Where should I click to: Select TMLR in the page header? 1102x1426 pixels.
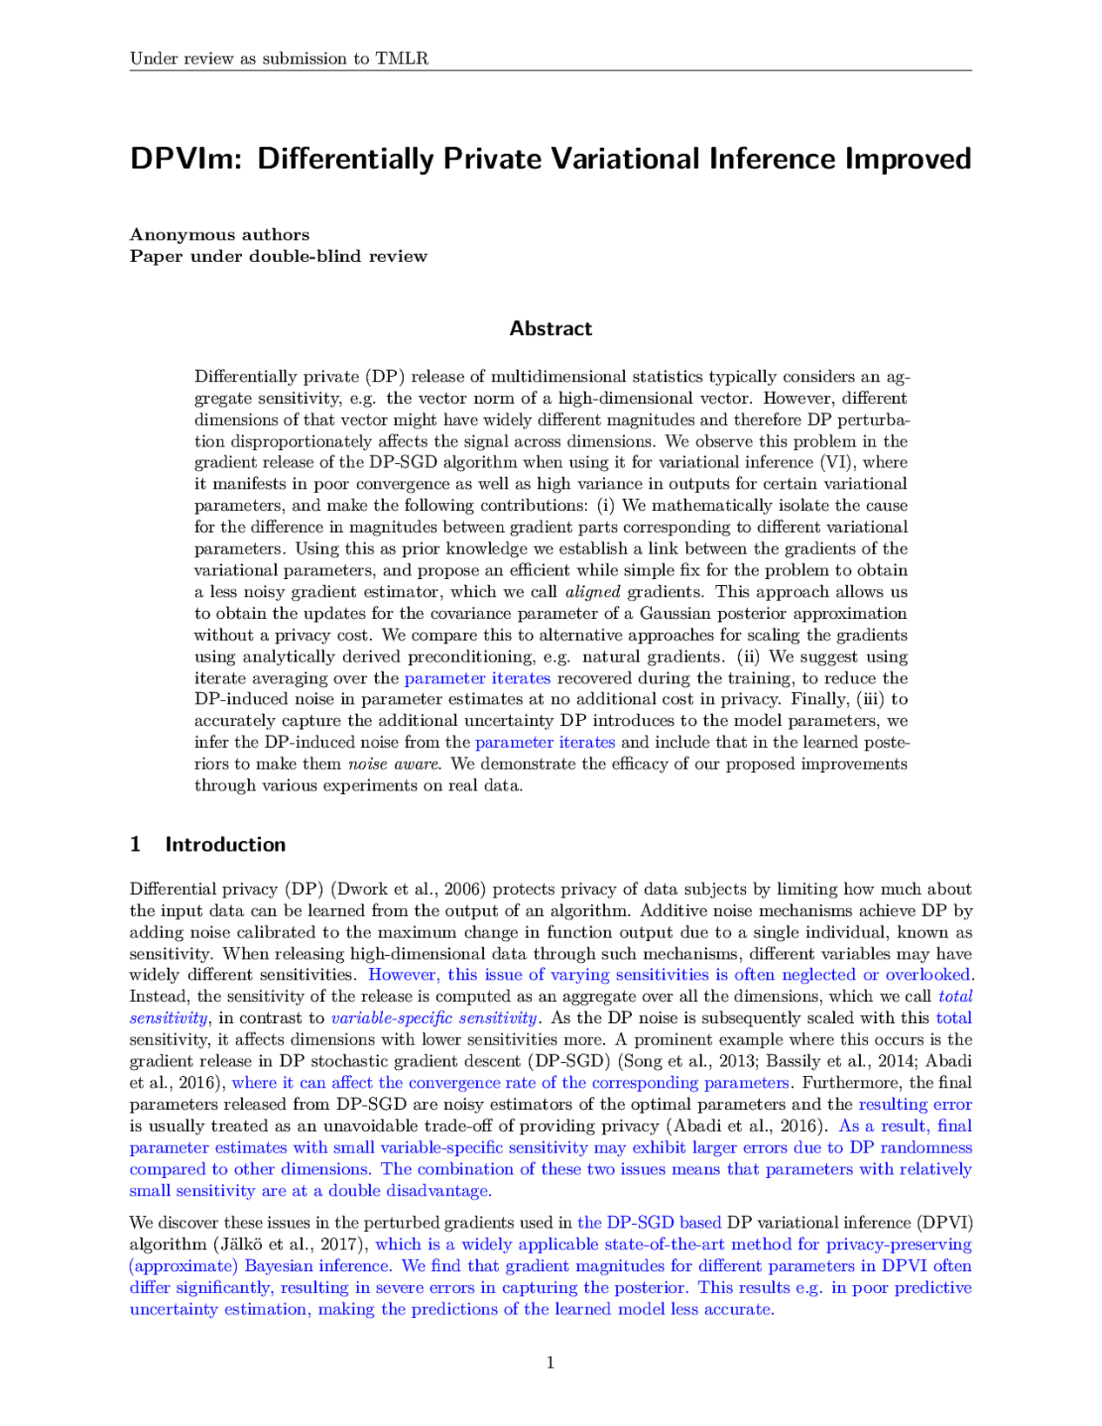(401, 58)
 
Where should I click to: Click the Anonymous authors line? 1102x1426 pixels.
(219, 234)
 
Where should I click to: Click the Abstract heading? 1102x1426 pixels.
(550, 328)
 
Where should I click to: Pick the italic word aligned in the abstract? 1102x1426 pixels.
(593, 592)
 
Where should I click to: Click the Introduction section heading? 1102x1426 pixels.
(225, 844)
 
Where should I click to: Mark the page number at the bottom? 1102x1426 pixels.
(550, 1363)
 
